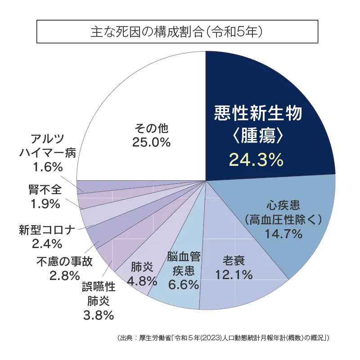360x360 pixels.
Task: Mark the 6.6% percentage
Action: click(x=183, y=284)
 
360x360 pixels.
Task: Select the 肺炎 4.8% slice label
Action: click(x=142, y=274)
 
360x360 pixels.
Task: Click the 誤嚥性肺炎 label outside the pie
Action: click(x=99, y=293)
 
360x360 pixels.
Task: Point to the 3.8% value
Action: click(x=99, y=315)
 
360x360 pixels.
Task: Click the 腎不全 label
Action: click(x=45, y=189)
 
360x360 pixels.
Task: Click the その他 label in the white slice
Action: click(x=151, y=128)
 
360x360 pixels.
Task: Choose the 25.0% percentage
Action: click(x=151, y=142)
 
